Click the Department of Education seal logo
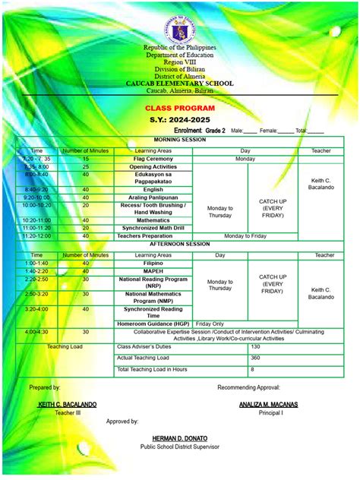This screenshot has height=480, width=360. click(x=179, y=24)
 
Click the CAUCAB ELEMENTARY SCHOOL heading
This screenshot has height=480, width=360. click(x=179, y=83)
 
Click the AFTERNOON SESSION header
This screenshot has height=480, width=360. click(x=179, y=245)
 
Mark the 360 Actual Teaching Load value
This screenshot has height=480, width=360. click(x=256, y=358)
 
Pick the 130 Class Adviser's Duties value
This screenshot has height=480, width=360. click(x=256, y=346)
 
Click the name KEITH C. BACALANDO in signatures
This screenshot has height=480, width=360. click(x=67, y=405)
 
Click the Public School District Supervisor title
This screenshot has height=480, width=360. click(x=180, y=448)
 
